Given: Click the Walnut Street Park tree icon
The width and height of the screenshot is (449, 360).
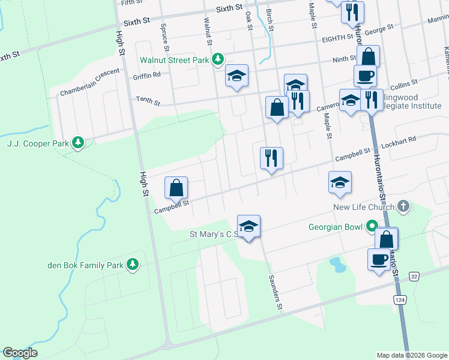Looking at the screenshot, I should coord(220,59).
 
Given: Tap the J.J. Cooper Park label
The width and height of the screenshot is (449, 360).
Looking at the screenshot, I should coord(37,143).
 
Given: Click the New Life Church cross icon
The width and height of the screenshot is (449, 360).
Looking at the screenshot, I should coord(403,207).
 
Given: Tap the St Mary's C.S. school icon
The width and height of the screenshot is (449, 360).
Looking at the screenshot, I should coord(249,226).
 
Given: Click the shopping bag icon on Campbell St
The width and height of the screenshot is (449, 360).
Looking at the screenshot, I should coord(176,188).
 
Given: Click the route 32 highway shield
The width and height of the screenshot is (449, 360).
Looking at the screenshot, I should coord(414,275).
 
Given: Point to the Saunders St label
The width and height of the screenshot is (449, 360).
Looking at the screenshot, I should coord(275,293).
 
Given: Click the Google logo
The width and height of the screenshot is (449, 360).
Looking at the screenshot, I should coord(20,353).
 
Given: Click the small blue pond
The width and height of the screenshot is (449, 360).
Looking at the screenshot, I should coord(337,263).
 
